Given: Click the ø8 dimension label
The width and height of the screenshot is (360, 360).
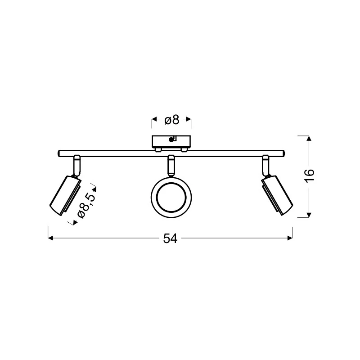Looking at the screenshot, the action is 172,120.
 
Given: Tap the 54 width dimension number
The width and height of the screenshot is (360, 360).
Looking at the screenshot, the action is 170,238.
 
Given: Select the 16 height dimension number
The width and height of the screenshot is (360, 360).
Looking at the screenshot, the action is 309,176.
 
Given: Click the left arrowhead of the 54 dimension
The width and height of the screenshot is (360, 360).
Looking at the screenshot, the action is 50,238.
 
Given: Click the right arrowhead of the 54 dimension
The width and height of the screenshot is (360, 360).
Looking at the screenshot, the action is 290,238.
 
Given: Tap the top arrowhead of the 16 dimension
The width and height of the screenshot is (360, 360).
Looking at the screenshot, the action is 309,138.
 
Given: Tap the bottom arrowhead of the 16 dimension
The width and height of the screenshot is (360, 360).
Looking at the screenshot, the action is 309,215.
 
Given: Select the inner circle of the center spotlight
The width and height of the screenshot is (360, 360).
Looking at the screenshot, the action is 171,197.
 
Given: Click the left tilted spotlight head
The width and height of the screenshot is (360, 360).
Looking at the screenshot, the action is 65,196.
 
